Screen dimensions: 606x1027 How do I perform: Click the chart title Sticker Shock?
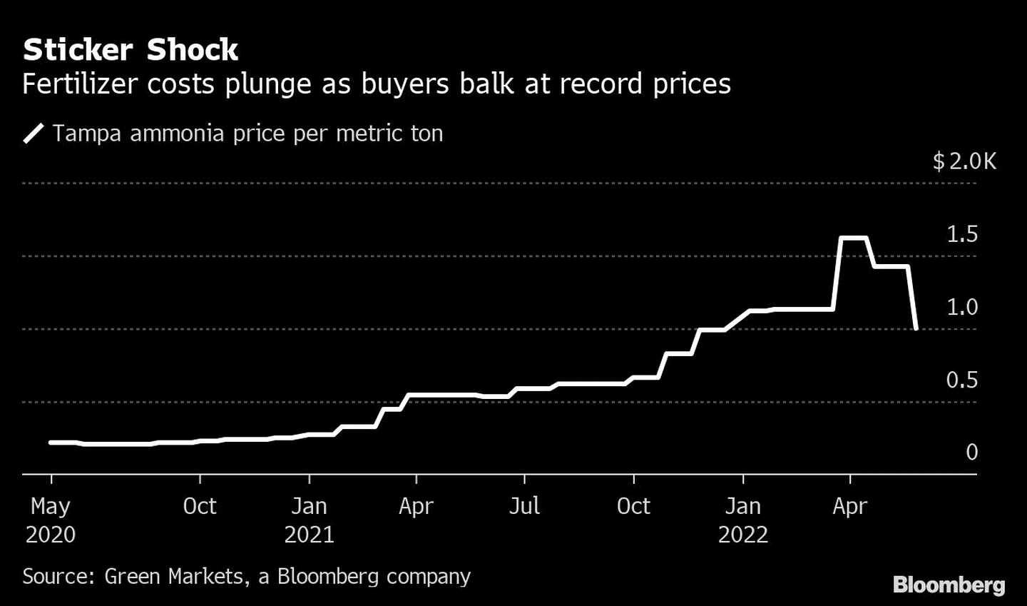131,50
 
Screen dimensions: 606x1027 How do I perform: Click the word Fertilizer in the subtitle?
79,84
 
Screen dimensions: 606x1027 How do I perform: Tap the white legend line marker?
34,133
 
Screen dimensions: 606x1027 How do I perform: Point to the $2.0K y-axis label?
964,161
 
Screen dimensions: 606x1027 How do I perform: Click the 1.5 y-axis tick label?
962,234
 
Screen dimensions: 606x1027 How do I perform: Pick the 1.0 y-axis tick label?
962,307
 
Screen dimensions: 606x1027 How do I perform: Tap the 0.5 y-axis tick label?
962,380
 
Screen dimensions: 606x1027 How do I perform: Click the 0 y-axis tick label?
971,452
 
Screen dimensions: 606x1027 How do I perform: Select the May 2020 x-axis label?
51,520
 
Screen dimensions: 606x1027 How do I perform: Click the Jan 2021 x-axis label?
309,520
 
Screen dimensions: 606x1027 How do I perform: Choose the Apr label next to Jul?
416,506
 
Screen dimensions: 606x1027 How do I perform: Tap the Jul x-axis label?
524,506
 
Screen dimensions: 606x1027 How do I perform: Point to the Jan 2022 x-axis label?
742,520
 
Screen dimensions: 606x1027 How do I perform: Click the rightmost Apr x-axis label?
850,506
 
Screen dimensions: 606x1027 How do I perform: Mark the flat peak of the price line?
854,238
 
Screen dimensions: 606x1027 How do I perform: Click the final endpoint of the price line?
916,328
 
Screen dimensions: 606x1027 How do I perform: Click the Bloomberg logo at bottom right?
949,585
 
